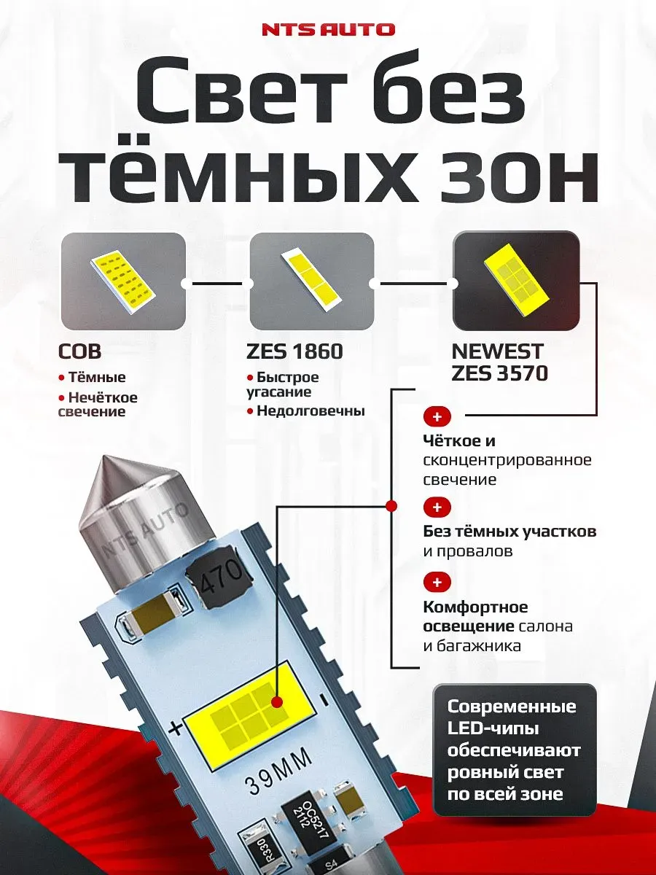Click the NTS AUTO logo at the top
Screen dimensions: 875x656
click(327, 30)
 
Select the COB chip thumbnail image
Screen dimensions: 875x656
click(122, 281)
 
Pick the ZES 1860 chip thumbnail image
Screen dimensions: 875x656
click(312, 281)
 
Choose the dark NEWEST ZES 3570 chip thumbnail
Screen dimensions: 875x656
click(516, 281)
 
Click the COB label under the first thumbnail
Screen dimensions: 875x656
click(79, 352)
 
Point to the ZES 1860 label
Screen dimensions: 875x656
click(295, 352)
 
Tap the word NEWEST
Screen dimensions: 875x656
click(496, 352)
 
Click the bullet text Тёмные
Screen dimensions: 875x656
click(96, 378)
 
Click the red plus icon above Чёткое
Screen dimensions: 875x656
click(437, 417)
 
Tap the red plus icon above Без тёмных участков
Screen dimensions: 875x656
click(437, 507)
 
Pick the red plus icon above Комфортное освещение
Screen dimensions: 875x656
click(437, 582)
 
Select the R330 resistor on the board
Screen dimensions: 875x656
click(253, 844)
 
